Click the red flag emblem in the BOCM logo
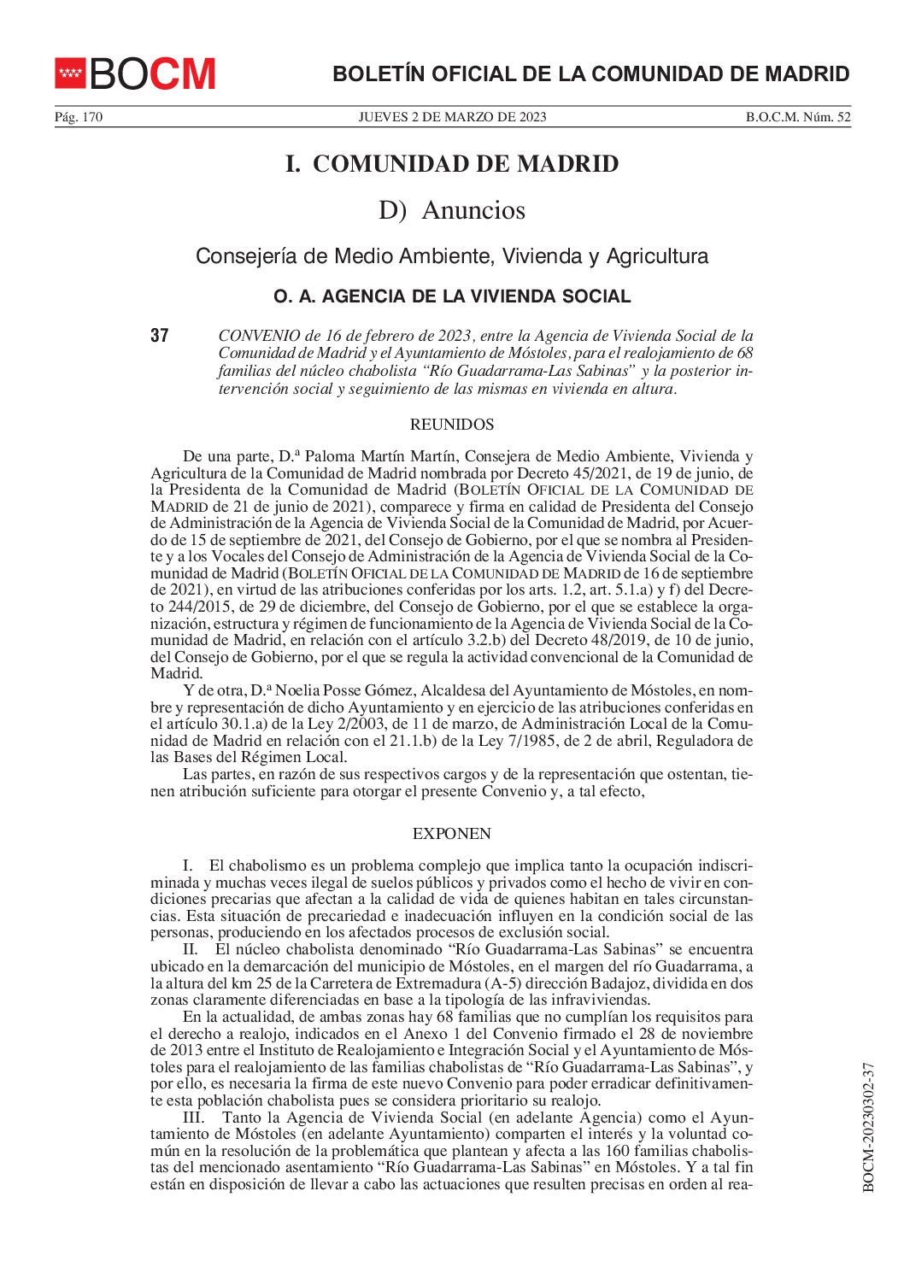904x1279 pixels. click(70, 73)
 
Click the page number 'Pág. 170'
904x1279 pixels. click(79, 118)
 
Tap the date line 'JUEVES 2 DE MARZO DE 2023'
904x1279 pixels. click(452, 118)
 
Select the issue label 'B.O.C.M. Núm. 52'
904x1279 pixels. click(798, 118)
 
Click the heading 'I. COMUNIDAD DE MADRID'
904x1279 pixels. click(452, 164)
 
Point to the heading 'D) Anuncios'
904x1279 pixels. click(452, 210)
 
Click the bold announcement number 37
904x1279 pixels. click(160, 336)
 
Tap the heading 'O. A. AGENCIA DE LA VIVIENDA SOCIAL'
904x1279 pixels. click(452, 297)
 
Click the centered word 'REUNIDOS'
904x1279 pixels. click(452, 425)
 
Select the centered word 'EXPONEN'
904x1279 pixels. click(452, 834)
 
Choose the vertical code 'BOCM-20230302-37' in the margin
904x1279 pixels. click(869, 1127)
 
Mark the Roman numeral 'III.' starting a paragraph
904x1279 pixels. click(193, 1118)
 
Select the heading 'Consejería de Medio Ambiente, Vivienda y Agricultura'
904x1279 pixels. click(452, 256)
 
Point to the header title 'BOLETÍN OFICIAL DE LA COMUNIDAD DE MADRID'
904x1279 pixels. click(590, 74)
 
